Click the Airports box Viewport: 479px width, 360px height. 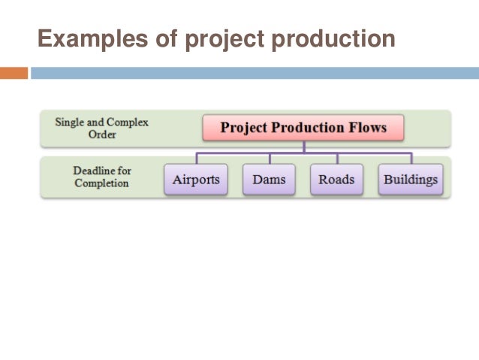pos(196,180)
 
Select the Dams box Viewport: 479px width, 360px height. pos(269,180)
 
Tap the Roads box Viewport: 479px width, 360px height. pos(336,180)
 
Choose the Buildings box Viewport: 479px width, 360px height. pos(411,180)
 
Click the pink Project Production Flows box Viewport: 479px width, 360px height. pos(303,128)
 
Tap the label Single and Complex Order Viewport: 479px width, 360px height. pos(101,128)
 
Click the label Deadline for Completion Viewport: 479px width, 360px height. pos(101,177)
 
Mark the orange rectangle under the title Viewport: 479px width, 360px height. pos(14,73)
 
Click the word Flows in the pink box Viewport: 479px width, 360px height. pos(367,128)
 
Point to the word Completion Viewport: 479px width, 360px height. pos(101,183)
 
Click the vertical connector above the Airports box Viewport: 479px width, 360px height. pos(197,158)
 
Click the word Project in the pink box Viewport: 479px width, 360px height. pos(241,128)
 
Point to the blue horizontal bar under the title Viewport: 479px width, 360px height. pos(255,73)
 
